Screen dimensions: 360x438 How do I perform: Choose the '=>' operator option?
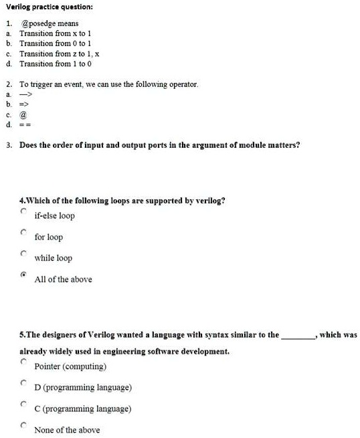coord(25,105)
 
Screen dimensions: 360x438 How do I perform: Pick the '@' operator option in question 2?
coord(24,115)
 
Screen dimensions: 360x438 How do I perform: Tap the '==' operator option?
coord(25,124)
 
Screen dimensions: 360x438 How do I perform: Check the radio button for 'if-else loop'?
coord(23,212)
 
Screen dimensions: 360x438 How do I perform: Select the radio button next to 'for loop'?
coord(23,233)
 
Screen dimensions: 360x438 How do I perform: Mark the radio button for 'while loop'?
coord(23,253)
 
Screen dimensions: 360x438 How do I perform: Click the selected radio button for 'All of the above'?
coord(23,275)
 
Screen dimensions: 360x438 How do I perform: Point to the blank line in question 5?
coord(299,336)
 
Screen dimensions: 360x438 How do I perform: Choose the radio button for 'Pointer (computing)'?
coord(23,362)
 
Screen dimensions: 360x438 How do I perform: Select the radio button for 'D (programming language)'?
coord(23,383)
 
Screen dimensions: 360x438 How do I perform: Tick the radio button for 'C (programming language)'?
coord(23,404)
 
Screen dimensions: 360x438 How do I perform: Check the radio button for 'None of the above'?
coord(23,425)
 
